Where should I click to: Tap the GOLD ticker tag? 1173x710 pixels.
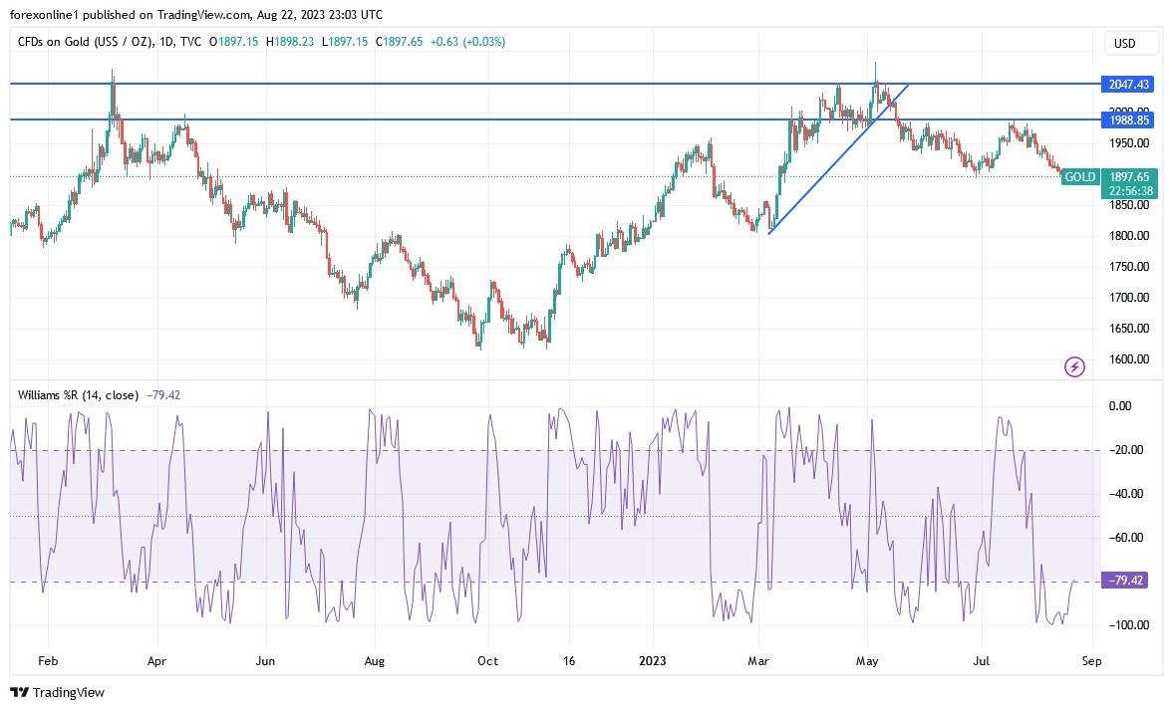tap(1079, 177)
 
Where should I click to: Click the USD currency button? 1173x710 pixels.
tap(1124, 43)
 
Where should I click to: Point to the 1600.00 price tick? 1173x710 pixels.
tap(1129, 359)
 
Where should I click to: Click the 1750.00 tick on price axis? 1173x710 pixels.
tap(1129, 267)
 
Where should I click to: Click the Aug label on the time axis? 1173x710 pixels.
tap(374, 660)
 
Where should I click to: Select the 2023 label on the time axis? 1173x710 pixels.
tap(653, 660)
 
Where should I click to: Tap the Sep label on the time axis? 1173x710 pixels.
tap(1091, 660)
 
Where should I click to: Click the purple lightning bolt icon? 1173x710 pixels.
tap(1074, 367)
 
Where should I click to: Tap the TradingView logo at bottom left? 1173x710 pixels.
tap(57, 692)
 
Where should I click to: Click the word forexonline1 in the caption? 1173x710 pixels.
tap(45, 15)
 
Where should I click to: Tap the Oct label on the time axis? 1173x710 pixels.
tap(487, 660)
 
